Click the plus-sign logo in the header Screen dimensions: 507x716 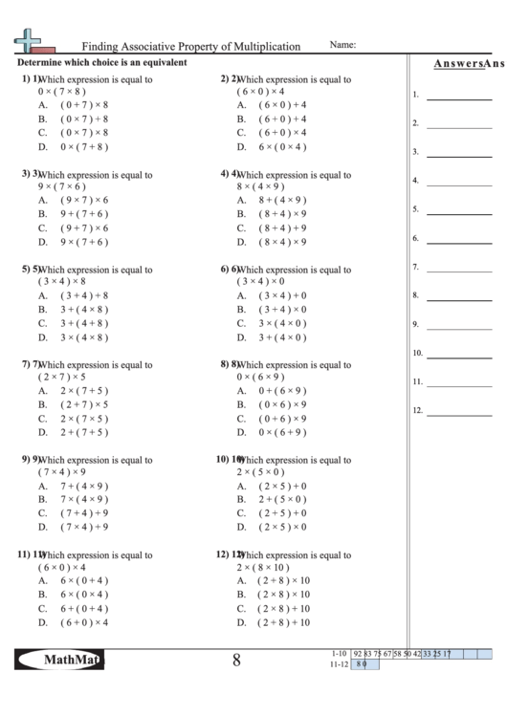pyautogui.click(x=28, y=41)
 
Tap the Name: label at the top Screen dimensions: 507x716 pyautogui.click(x=343, y=45)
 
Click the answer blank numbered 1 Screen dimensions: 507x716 pyautogui.click(x=458, y=98)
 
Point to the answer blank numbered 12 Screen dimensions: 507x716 pyautogui.click(x=458, y=414)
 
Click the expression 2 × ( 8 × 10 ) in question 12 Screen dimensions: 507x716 pyautogui.click(x=267, y=567)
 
